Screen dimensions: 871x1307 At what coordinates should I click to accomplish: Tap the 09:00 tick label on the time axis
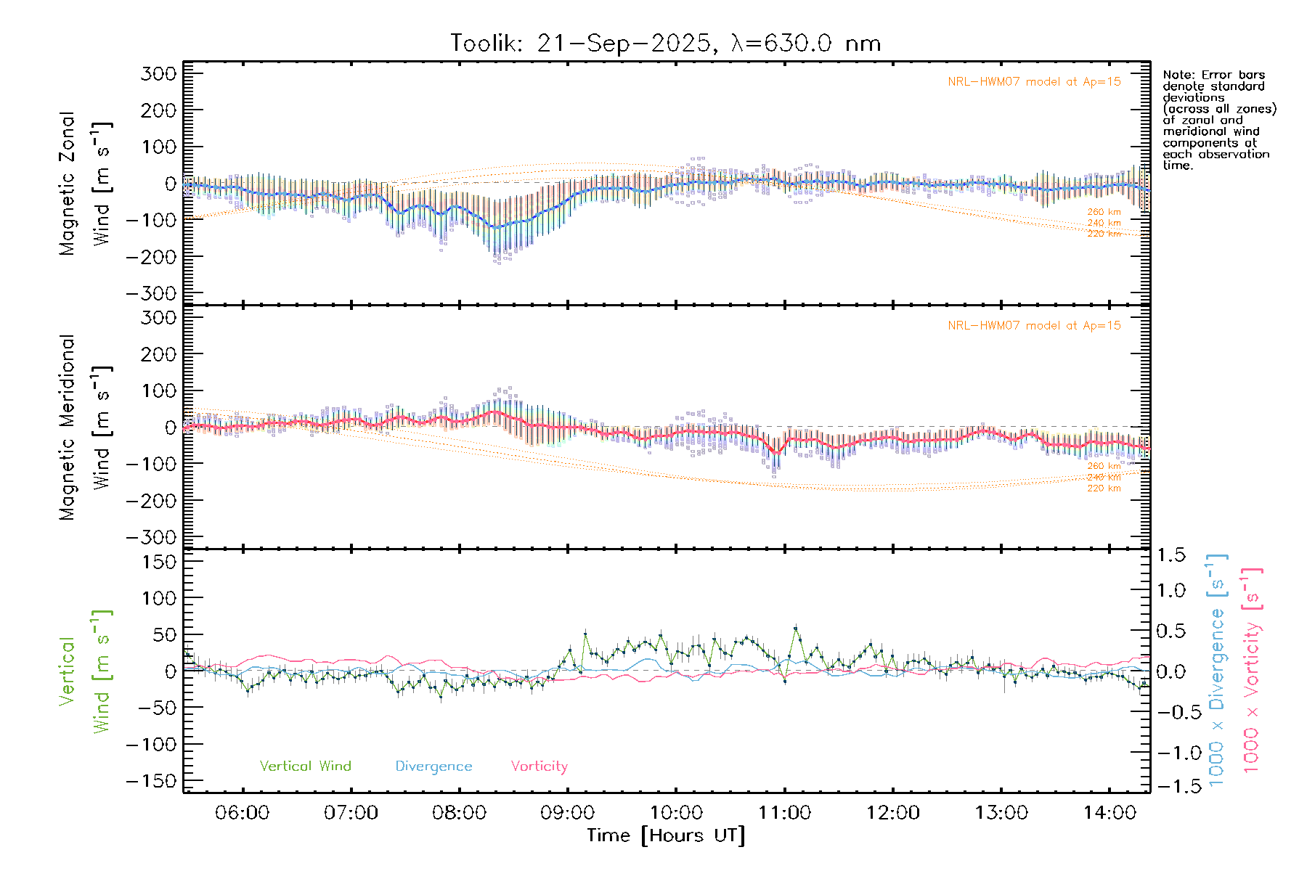click(567, 812)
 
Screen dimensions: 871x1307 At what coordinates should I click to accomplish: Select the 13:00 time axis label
click(1001, 812)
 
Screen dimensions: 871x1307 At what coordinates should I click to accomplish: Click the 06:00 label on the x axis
click(242, 812)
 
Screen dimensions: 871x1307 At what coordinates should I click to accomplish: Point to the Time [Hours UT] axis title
click(666, 835)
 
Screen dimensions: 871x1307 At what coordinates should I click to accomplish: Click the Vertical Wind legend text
click(305, 766)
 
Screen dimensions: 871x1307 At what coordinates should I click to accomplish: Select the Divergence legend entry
click(433, 766)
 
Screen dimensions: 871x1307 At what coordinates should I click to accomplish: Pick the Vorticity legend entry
click(539, 766)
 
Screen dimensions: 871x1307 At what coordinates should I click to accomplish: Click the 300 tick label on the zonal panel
click(158, 73)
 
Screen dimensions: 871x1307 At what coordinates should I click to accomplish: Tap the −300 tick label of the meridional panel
click(151, 537)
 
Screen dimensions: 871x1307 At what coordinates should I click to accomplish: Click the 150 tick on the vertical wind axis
click(158, 562)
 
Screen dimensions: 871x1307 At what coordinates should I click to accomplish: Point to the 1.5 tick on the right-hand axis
click(1170, 555)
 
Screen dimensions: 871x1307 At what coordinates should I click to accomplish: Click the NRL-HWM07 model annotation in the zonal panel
click(1034, 82)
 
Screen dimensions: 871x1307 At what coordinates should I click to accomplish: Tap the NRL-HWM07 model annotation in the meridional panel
click(1034, 326)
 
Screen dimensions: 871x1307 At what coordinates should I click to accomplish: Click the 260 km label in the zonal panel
click(1104, 212)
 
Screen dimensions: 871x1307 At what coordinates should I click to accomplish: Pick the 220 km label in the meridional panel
click(1104, 488)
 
